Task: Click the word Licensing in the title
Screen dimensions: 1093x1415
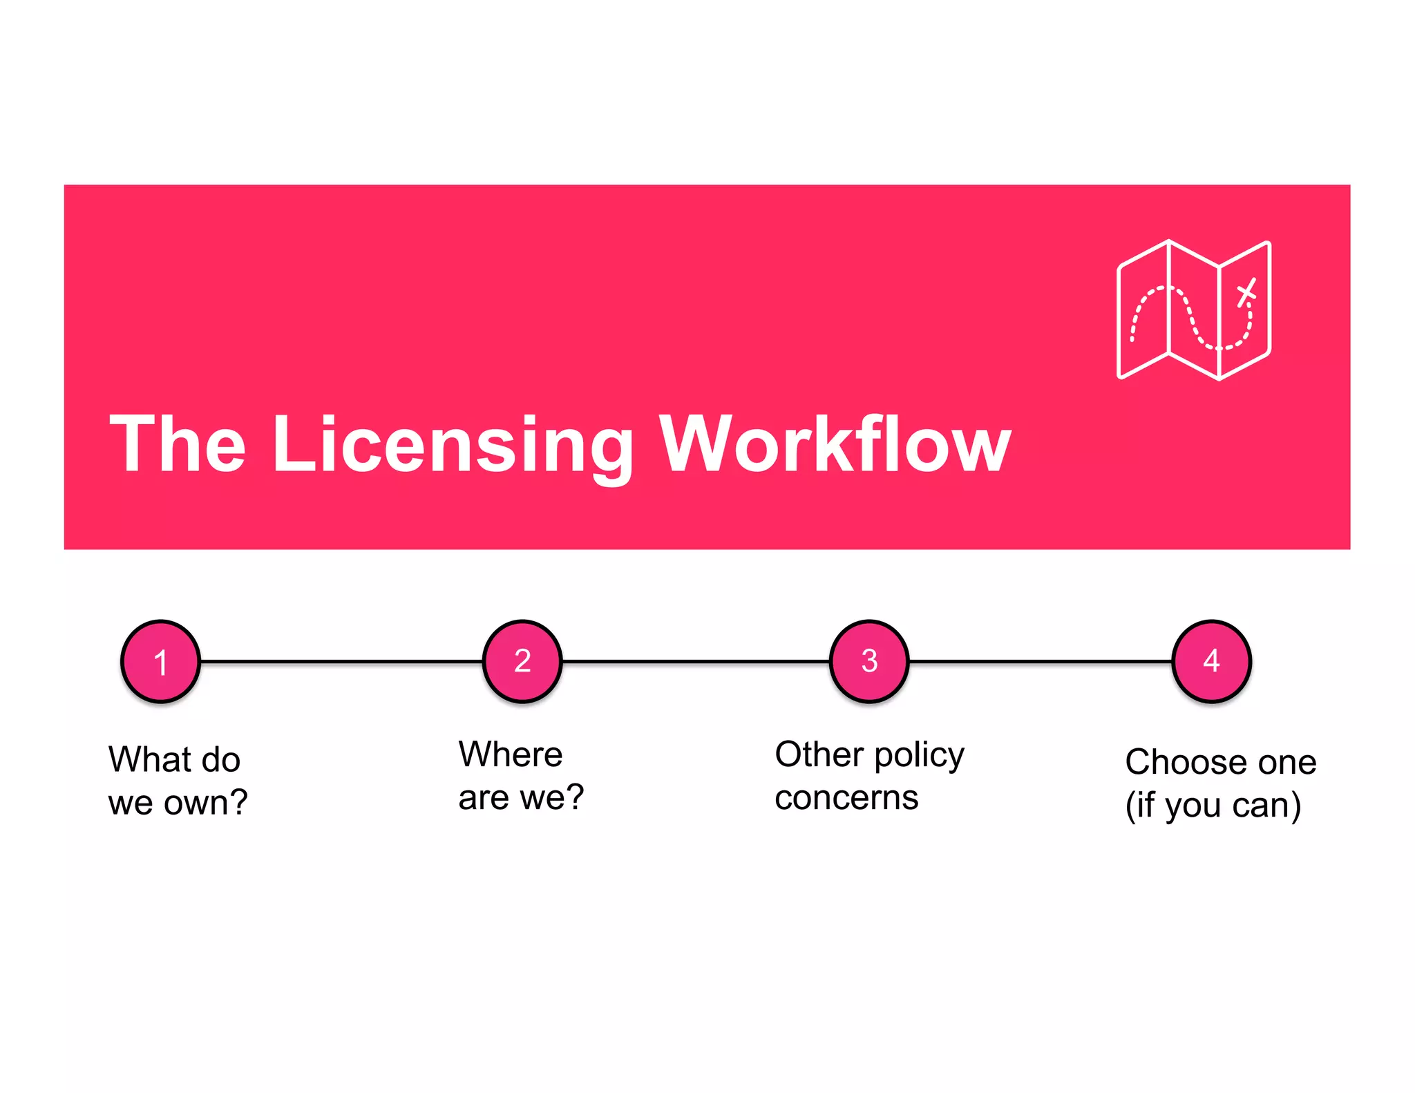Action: pyautogui.click(x=453, y=446)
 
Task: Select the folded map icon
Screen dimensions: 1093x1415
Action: pyautogui.click(x=1193, y=310)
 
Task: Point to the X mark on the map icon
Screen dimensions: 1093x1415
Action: pyautogui.click(x=1246, y=292)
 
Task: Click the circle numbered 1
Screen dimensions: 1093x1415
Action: pyautogui.click(x=160, y=661)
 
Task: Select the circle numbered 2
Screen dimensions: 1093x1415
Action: pyautogui.click(x=522, y=661)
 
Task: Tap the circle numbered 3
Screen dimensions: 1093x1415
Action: pyautogui.click(x=868, y=661)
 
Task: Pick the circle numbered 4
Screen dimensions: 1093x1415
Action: pyautogui.click(x=1211, y=661)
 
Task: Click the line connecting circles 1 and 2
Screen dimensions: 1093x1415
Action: pyautogui.click(x=341, y=662)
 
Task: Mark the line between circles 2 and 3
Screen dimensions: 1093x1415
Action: pyautogui.click(x=695, y=662)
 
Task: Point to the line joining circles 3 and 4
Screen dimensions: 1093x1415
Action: pyautogui.click(x=1040, y=662)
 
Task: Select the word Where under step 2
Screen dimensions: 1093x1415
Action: pyautogui.click(x=510, y=754)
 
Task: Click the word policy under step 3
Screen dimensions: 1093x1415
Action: pyautogui.click(x=919, y=756)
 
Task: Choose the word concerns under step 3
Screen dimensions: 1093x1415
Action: pyautogui.click(x=846, y=799)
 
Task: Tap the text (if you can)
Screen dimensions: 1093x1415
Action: pyautogui.click(x=1213, y=806)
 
